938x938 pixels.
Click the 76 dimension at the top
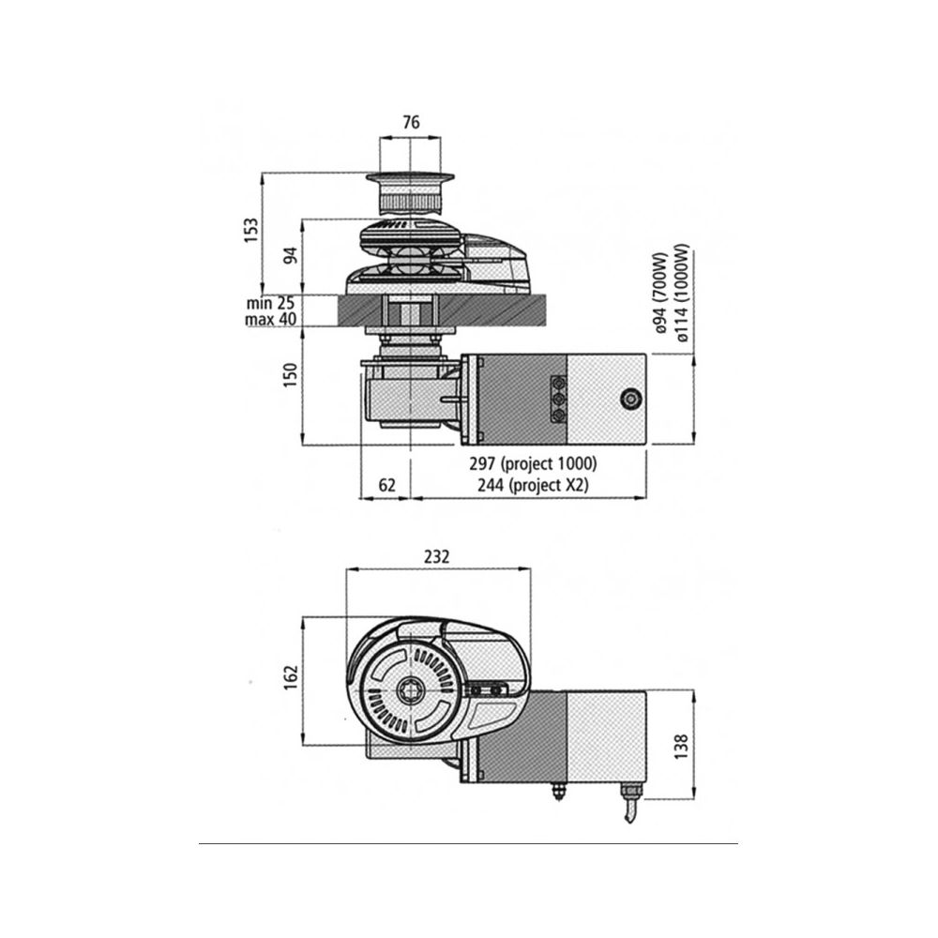click(410, 121)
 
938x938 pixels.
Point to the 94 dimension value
click(291, 254)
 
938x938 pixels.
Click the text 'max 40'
click(270, 319)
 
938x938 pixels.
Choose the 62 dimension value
click(386, 485)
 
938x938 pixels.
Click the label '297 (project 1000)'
click(536, 464)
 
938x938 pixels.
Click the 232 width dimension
click(436, 556)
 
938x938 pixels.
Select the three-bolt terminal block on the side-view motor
click(559, 399)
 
